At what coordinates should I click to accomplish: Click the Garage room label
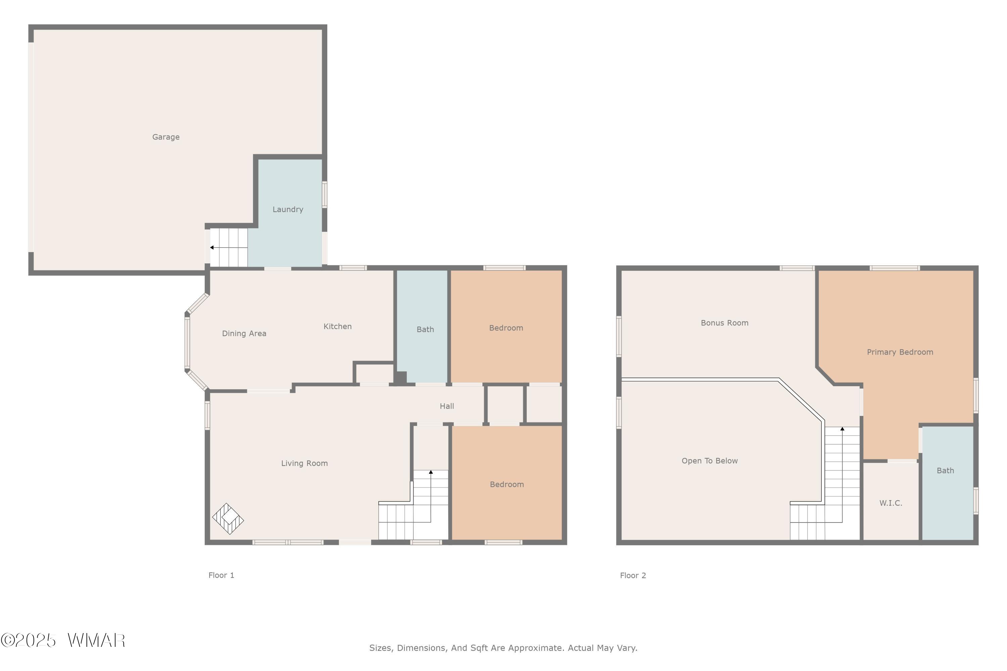166,137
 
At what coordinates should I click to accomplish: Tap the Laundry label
288,209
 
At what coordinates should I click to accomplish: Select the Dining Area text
244,333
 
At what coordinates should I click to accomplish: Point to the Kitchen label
337,326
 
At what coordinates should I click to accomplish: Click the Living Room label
304,463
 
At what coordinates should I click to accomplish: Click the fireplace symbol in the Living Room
228,519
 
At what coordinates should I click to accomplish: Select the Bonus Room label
724,323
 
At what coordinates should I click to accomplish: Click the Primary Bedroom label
900,352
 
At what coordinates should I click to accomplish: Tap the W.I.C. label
891,503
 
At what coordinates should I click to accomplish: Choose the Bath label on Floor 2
945,471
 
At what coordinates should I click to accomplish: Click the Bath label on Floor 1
425,329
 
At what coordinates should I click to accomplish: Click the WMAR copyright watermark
63,640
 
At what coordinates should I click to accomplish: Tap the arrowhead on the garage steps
211,247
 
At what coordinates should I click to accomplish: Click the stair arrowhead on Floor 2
842,428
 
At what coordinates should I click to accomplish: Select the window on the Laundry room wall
325,195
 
